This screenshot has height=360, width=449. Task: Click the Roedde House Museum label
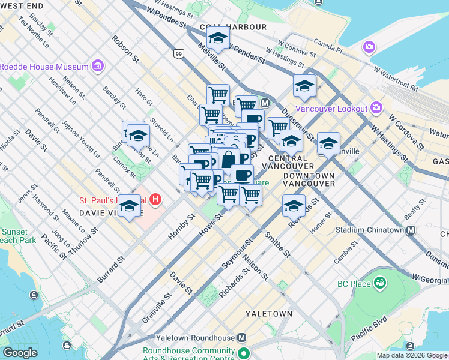click(44, 67)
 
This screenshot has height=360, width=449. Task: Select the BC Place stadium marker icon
click(379, 282)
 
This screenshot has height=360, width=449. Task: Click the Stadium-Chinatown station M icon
click(411, 230)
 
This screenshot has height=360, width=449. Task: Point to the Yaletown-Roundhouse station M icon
click(241, 338)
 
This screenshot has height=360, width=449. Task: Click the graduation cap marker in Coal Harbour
click(218, 38)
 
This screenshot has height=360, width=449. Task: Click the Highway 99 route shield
click(178, 54)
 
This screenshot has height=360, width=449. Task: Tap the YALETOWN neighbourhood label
click(269, 314)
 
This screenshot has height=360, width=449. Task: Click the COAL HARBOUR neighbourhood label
click(233, 27)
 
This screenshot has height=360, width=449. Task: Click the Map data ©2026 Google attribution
click(412, 355)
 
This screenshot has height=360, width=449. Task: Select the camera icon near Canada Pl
click(369, 47)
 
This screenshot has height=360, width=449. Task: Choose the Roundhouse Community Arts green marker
click(243, 353)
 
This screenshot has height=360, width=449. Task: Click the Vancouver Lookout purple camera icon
click(376, 108)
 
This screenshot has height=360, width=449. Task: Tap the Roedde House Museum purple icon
click(96, 66)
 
